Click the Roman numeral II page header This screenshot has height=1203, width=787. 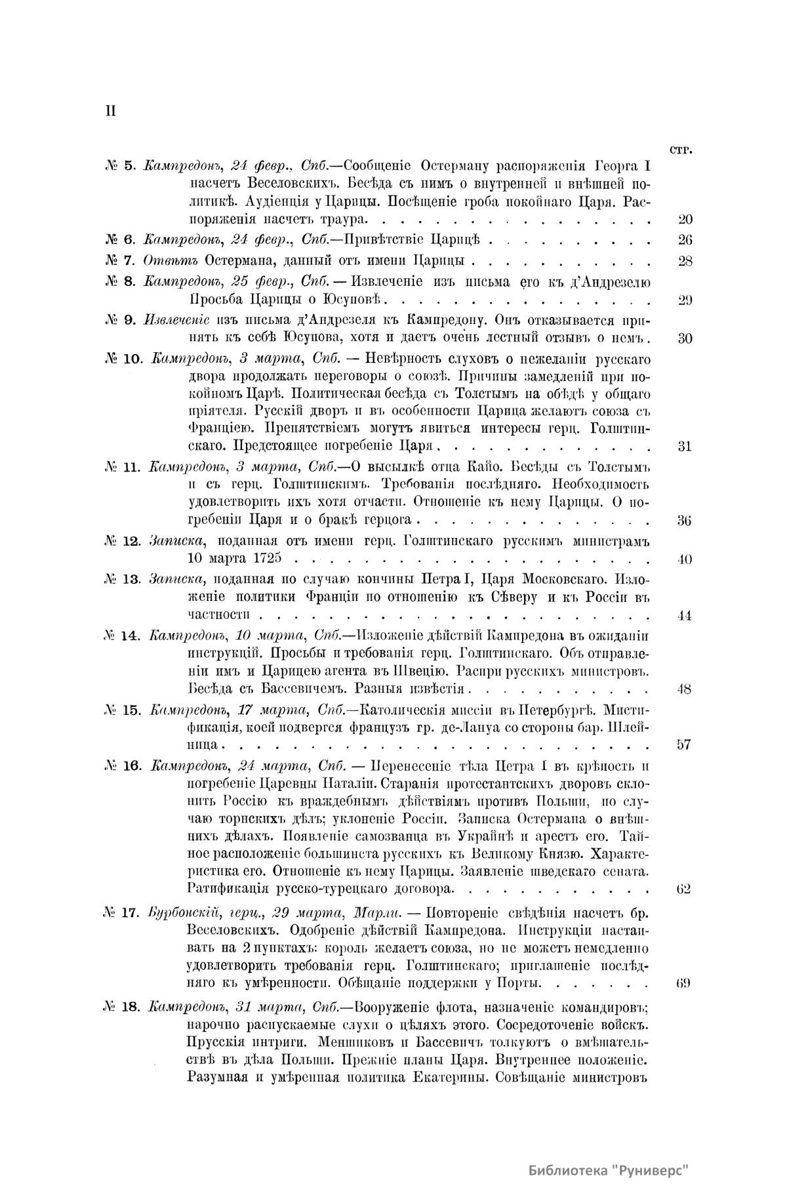coord(110,111)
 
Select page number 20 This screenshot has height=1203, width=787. coord(685,220)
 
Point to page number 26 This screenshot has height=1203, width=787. coord(685,239)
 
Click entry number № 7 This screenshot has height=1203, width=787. coord(120,261)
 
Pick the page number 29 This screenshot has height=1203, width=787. coord(685,301)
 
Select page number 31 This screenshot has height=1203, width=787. coord(685,447)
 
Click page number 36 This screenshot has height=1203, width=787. coord(685,521)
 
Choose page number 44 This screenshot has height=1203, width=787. coord(685,616)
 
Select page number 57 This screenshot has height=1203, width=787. coord(685,745)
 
